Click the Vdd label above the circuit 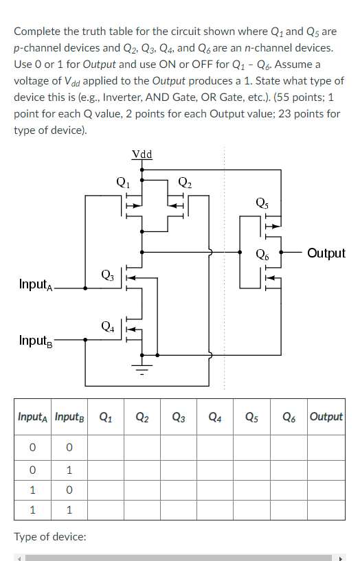pyautogui.click(x=142, y=154)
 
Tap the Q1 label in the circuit pyautogui.click(x=122, y=183)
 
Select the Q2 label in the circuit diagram pyautogui.click(x=185, y=183)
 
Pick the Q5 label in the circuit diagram pyautogui.click(x=262, y=202)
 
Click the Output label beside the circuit pyautogui.click(x=326, y=253)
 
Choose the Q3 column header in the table pyautogui.click(x=179, y=416)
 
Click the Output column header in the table pyautogui.click(x=326, y=416)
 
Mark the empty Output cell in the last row pyautogui.click(x=326, y=511)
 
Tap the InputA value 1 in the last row pyautogui.click(x=32, y=511)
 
